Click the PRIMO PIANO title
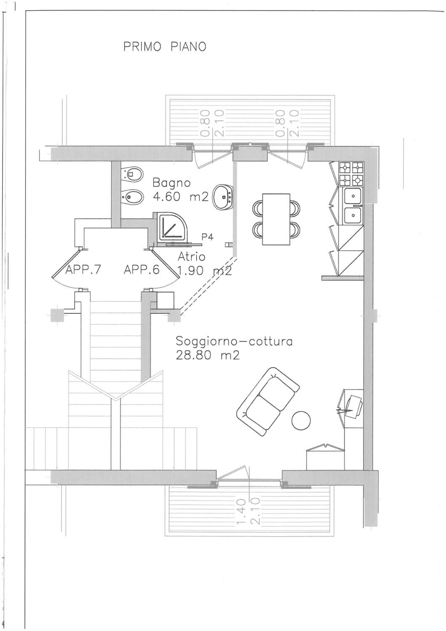click(x=165, y=46)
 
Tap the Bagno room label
click(x=171, y=183)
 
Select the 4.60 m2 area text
click(x=181, y=196)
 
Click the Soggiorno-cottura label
click(x=234, y=342)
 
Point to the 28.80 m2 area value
click(x=208, y=355)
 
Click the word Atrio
click(x=191, y=257)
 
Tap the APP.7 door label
click(x=83, y=270)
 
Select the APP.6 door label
click(x=142, y=270)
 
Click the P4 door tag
click(x=207, y=237)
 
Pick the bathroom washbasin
click(x=223, y=197)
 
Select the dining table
click(x=276, y=219)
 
